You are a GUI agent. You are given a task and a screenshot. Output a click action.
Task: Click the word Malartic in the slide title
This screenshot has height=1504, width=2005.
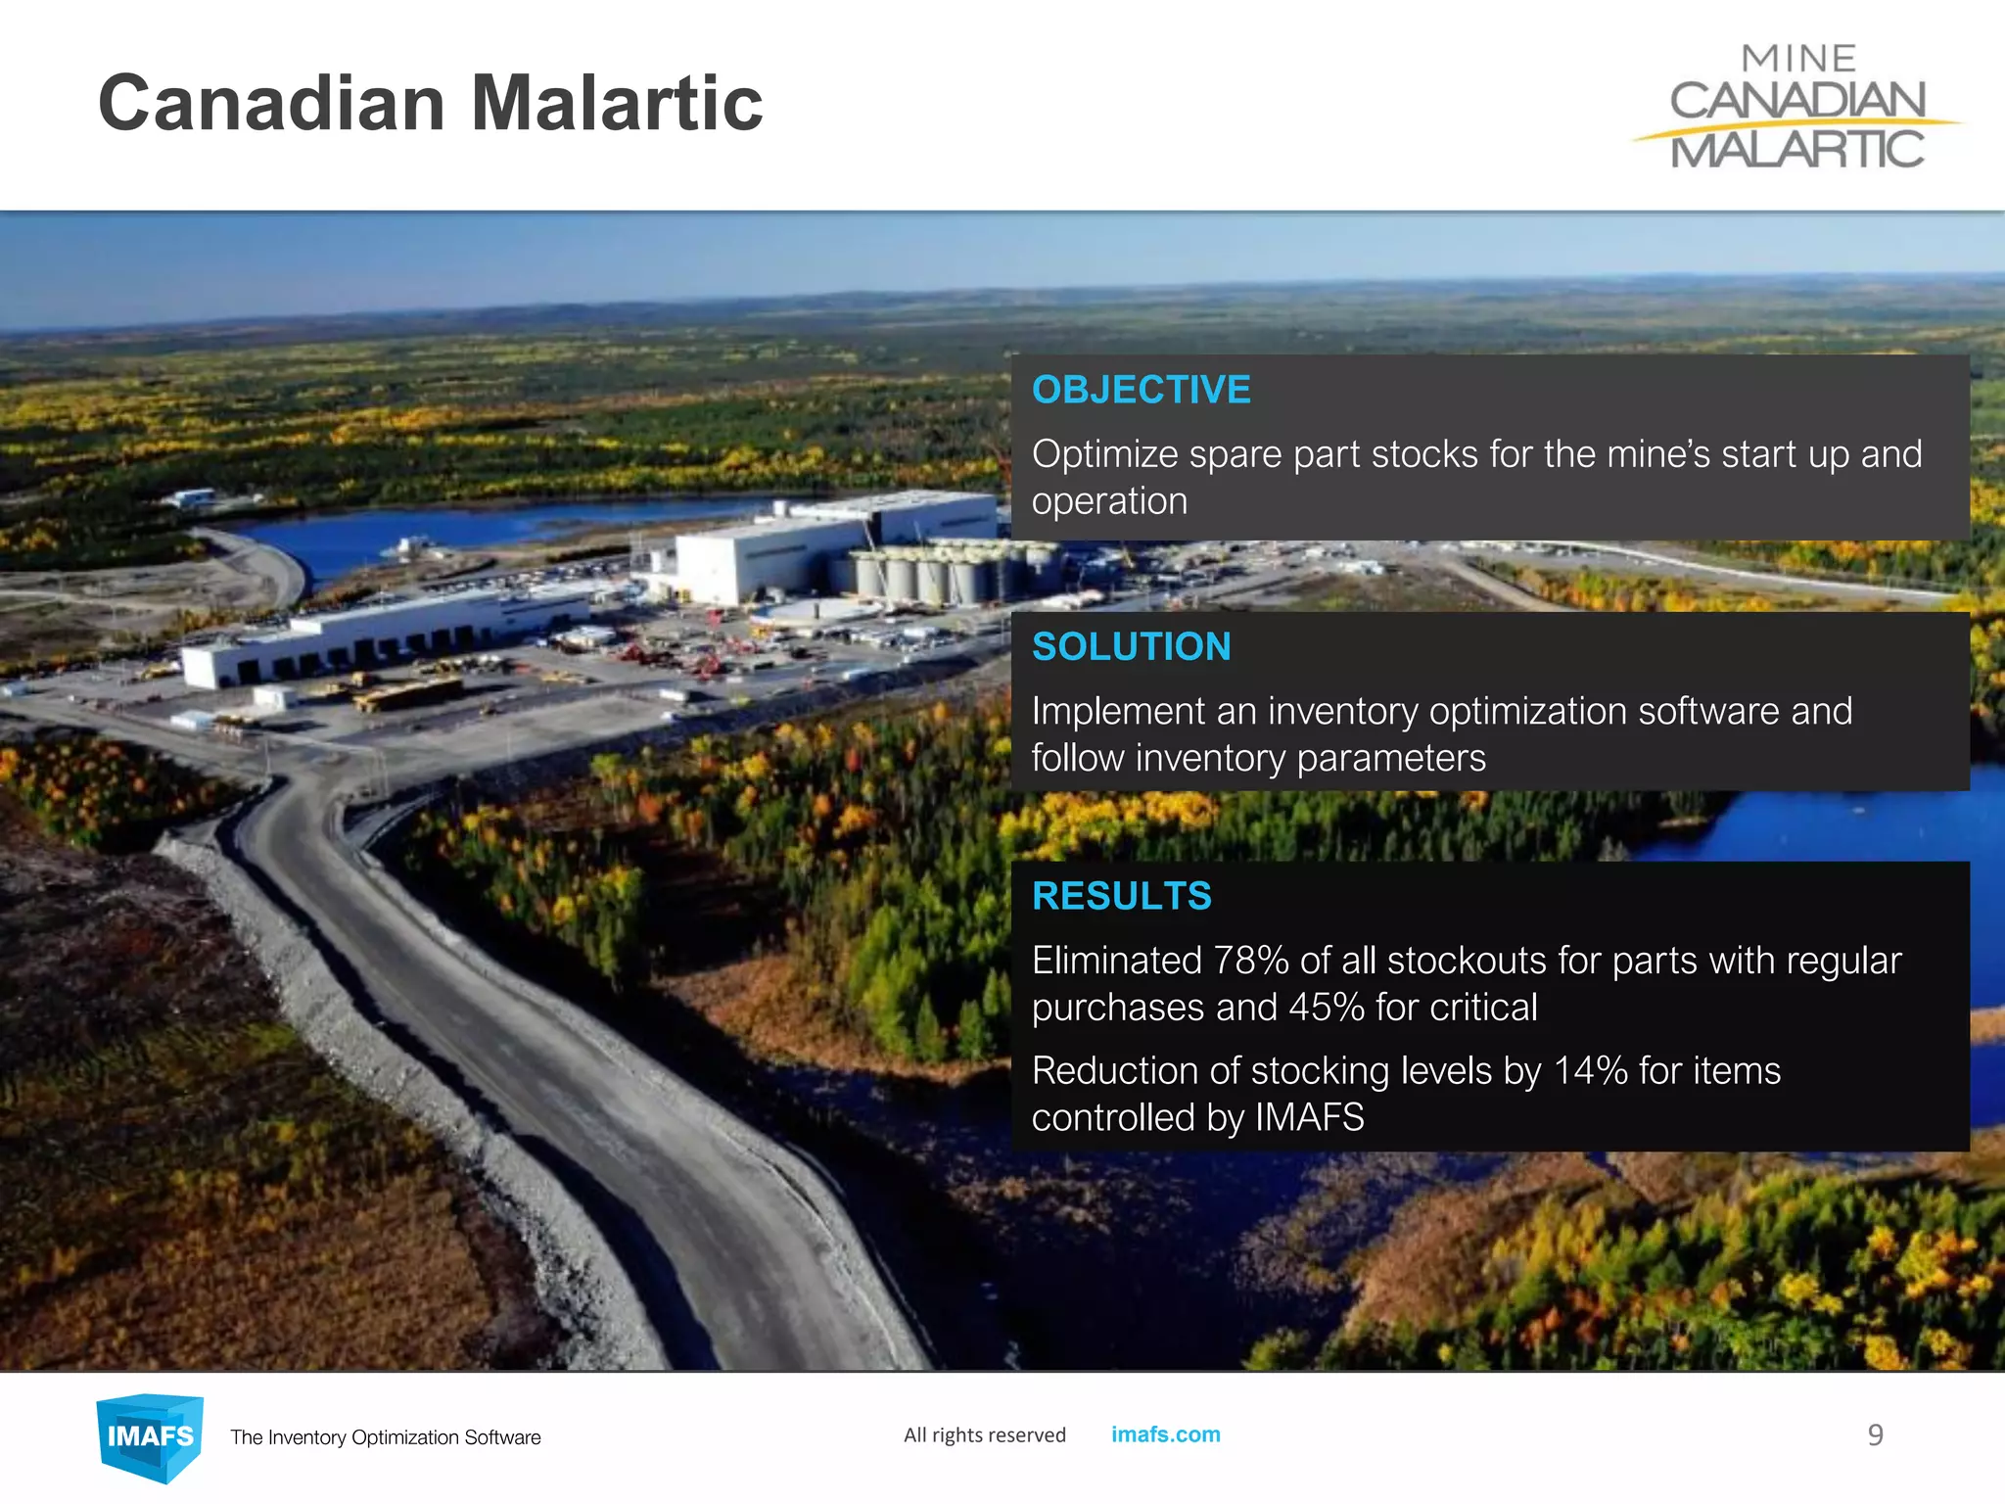pos(616,103)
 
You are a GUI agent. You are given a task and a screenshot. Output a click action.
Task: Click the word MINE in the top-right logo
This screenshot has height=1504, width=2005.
pos(1798,59)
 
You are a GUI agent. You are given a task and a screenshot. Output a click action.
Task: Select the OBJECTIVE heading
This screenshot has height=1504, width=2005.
pos(1141,390)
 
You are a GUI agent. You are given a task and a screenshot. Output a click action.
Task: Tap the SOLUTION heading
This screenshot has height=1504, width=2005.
pos(1131,646)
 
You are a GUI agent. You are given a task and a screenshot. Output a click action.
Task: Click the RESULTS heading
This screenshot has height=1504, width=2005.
pos(1121,896)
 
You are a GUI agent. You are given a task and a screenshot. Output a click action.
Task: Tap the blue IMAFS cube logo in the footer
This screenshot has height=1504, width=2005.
pos(150,1436)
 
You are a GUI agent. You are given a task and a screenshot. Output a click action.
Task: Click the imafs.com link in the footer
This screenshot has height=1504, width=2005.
pos(1165,1434)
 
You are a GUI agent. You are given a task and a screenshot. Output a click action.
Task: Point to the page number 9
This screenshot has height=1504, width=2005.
pos(1875,1435)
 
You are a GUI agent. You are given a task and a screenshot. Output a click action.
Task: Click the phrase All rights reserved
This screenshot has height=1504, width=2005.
pos(984,1435)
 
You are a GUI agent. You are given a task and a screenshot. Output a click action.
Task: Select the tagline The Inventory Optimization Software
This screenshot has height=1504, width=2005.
pos(385,1437)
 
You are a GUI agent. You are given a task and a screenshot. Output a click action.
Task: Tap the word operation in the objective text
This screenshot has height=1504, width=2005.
pos(1108,501)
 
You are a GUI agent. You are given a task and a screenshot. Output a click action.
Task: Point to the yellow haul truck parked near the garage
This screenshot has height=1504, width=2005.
pos(406,695)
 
